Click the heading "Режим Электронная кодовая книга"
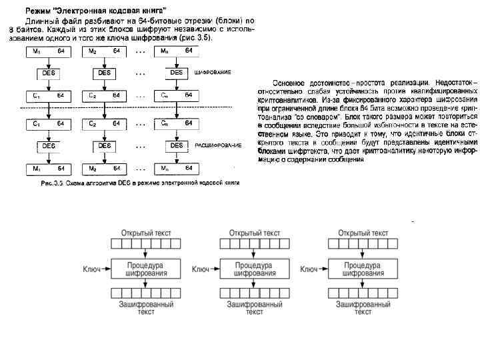coord(96,11)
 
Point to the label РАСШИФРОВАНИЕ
coord(219,145)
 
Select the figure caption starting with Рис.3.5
coord(139,182)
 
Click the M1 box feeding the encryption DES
coord(49,51)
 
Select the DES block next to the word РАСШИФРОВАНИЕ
coord(176,145)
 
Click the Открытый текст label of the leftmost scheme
coord(145,233)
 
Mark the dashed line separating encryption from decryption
coord(120,108)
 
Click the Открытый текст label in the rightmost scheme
coord(363,233)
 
